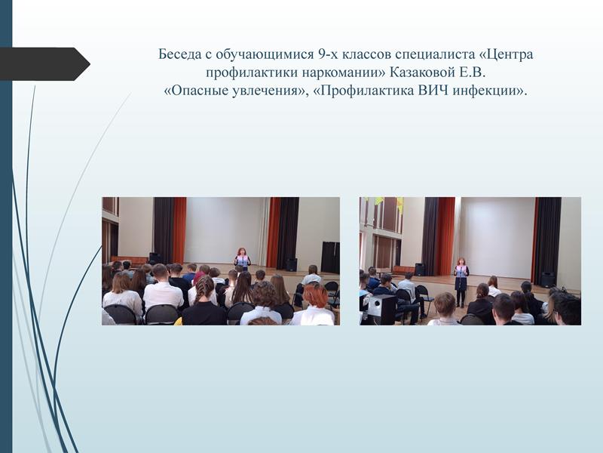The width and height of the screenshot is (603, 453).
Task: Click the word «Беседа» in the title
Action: pos(179,54)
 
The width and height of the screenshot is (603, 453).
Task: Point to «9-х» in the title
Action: pos(328,54)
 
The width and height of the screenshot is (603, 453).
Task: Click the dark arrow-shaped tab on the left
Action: pos(45,64)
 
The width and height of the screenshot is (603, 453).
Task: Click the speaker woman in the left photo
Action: pos(242,258)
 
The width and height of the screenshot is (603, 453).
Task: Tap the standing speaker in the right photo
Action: pos(461,282)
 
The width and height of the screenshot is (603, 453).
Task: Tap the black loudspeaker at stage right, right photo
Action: pos(548,279)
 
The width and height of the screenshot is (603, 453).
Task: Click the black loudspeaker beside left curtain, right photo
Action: pos(420,270)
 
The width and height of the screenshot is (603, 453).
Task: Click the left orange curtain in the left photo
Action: pos(179,230)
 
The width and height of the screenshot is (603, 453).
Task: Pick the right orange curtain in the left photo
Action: pos(274,233)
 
